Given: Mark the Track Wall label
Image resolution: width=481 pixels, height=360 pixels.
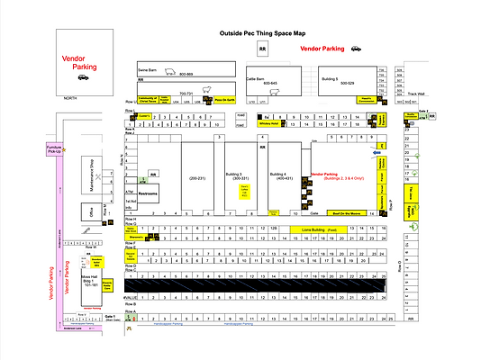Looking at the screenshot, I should tap(415, 93).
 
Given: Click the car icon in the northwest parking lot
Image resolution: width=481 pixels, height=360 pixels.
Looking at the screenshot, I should tap(83, 77).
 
